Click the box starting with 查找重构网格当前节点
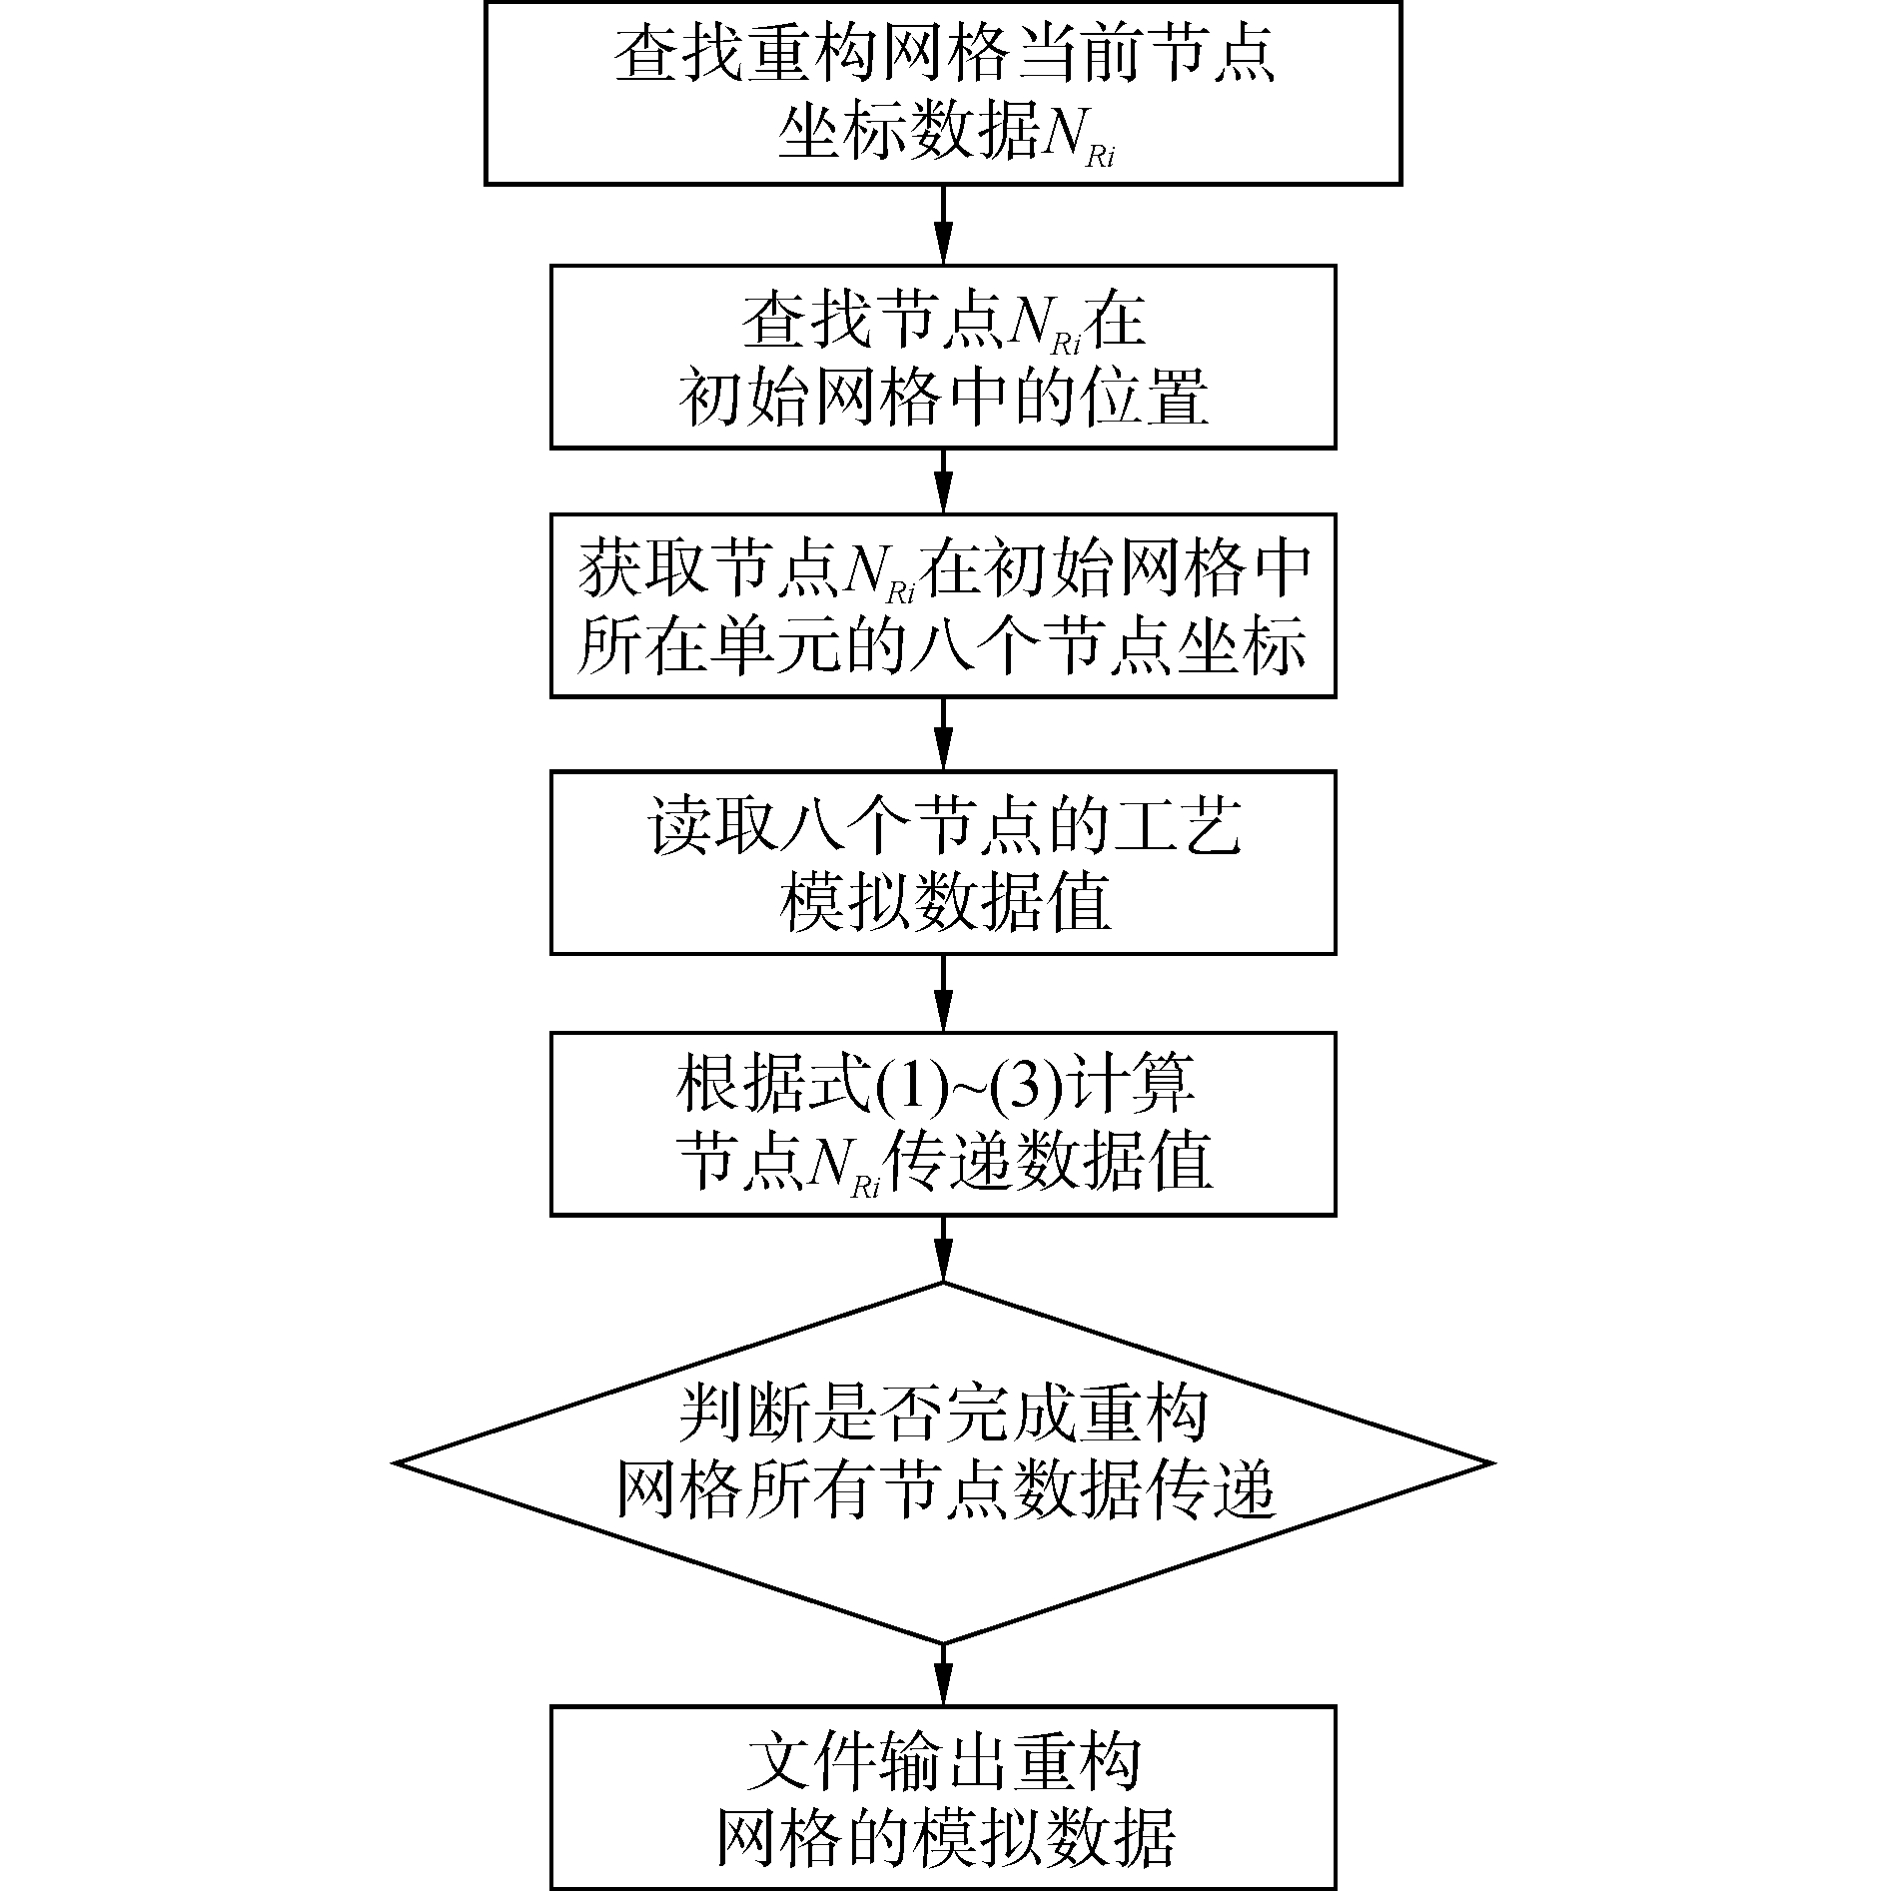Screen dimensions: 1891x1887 click(x=943, y=92)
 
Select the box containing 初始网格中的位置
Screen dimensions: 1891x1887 click(x=943, y=357)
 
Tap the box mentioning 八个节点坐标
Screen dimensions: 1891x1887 click(x=943, y=605)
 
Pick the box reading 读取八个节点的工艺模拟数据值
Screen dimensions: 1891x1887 click(x=943, y=862)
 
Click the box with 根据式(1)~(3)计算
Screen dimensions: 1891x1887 click(x=943, y=1123)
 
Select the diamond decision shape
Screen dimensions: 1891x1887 click(x=943, y=1463)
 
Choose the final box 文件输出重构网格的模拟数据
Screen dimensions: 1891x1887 click(x=943, y=1797)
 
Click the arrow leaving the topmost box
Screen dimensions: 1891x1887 click(x=943, y=225)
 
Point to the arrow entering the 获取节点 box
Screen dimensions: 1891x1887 click(x=943, y=481)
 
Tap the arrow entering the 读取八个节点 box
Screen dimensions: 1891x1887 click(x=943, y=734)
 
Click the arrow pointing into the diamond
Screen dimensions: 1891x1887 click(x=943, y=1249)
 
